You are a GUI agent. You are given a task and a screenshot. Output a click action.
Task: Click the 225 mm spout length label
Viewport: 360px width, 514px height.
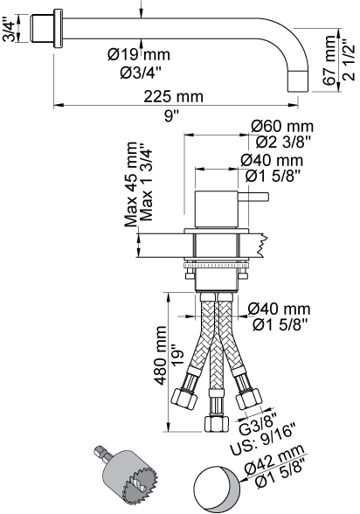click(x=174, y=96)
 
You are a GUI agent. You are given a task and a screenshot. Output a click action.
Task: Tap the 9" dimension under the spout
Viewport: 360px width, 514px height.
click(x=171, y=115)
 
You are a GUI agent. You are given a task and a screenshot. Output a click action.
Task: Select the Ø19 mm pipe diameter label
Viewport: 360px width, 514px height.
click(x=139, y=54)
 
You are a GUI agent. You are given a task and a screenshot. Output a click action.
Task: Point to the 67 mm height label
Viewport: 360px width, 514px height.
click(x=330, y=59)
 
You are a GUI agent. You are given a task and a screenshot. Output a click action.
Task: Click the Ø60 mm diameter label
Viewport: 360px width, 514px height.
click(x=282, y=126)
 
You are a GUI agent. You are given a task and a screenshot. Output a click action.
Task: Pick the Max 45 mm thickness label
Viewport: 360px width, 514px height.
click(x=132, y=184)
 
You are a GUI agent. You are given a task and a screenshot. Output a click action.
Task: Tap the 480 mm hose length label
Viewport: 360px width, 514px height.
click(x=161, y=355)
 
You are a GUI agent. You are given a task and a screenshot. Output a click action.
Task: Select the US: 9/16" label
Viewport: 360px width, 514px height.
click(x=263, y=440)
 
